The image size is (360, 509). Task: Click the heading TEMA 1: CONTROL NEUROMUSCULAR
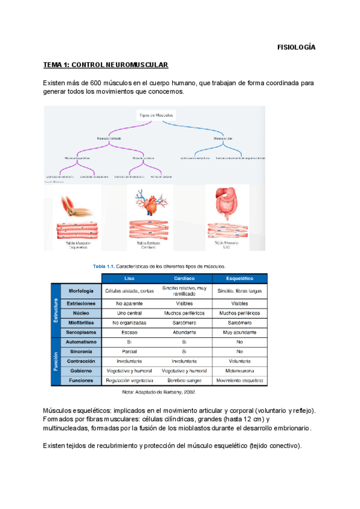(106, 64)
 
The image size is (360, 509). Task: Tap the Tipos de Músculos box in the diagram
(157, 115)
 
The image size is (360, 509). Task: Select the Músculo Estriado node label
(109, 139)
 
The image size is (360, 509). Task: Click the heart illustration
(151, 205)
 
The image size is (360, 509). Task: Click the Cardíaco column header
(184, 279)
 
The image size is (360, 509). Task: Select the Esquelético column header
(239, 279)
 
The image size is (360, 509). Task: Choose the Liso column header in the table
(129, 279)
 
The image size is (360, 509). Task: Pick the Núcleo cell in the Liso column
(129, 313)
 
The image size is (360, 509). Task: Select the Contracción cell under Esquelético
(239, 361)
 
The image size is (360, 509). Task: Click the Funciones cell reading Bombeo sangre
(184, 381)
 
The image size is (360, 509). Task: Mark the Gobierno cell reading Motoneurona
(239, 371)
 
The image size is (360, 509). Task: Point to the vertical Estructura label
(56, 310)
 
